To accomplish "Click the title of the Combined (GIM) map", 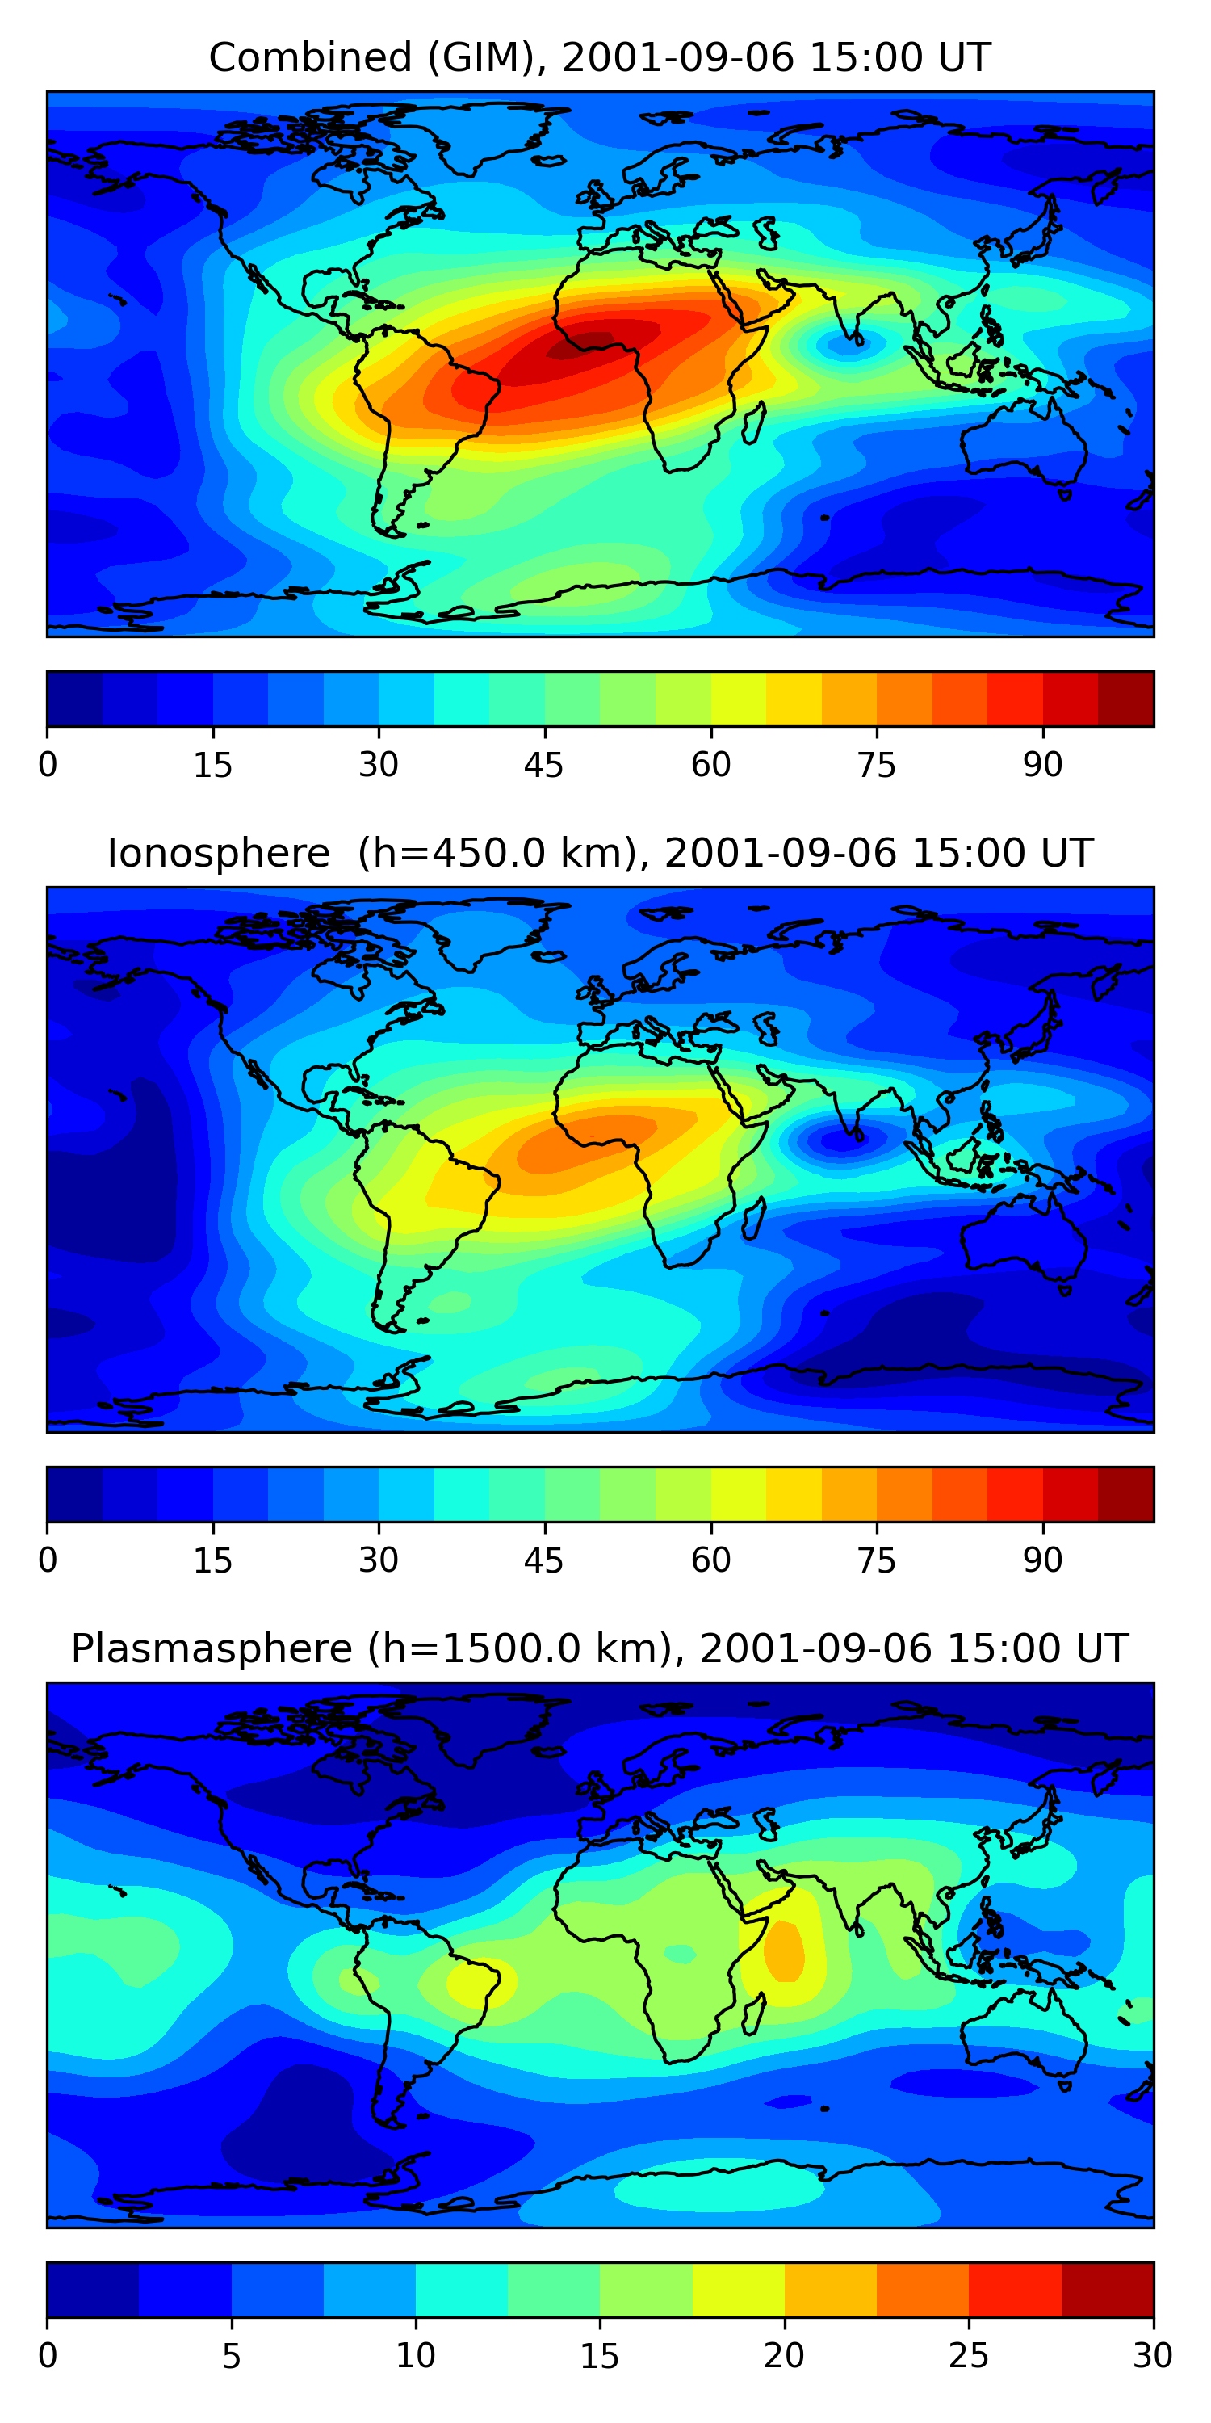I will [599, 57].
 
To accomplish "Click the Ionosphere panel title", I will [599, 853].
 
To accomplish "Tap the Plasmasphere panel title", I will [599, 1649].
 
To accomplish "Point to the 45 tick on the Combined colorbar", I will [543, 764].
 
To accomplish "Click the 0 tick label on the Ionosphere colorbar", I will [48, 1560].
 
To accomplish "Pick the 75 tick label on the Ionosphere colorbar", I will [876, 1560].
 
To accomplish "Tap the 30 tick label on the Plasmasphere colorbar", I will [1152, 2355].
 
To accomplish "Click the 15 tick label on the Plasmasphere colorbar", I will [599, 2355].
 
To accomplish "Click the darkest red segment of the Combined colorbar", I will [1125, 699].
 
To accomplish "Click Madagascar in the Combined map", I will [752, 422].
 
